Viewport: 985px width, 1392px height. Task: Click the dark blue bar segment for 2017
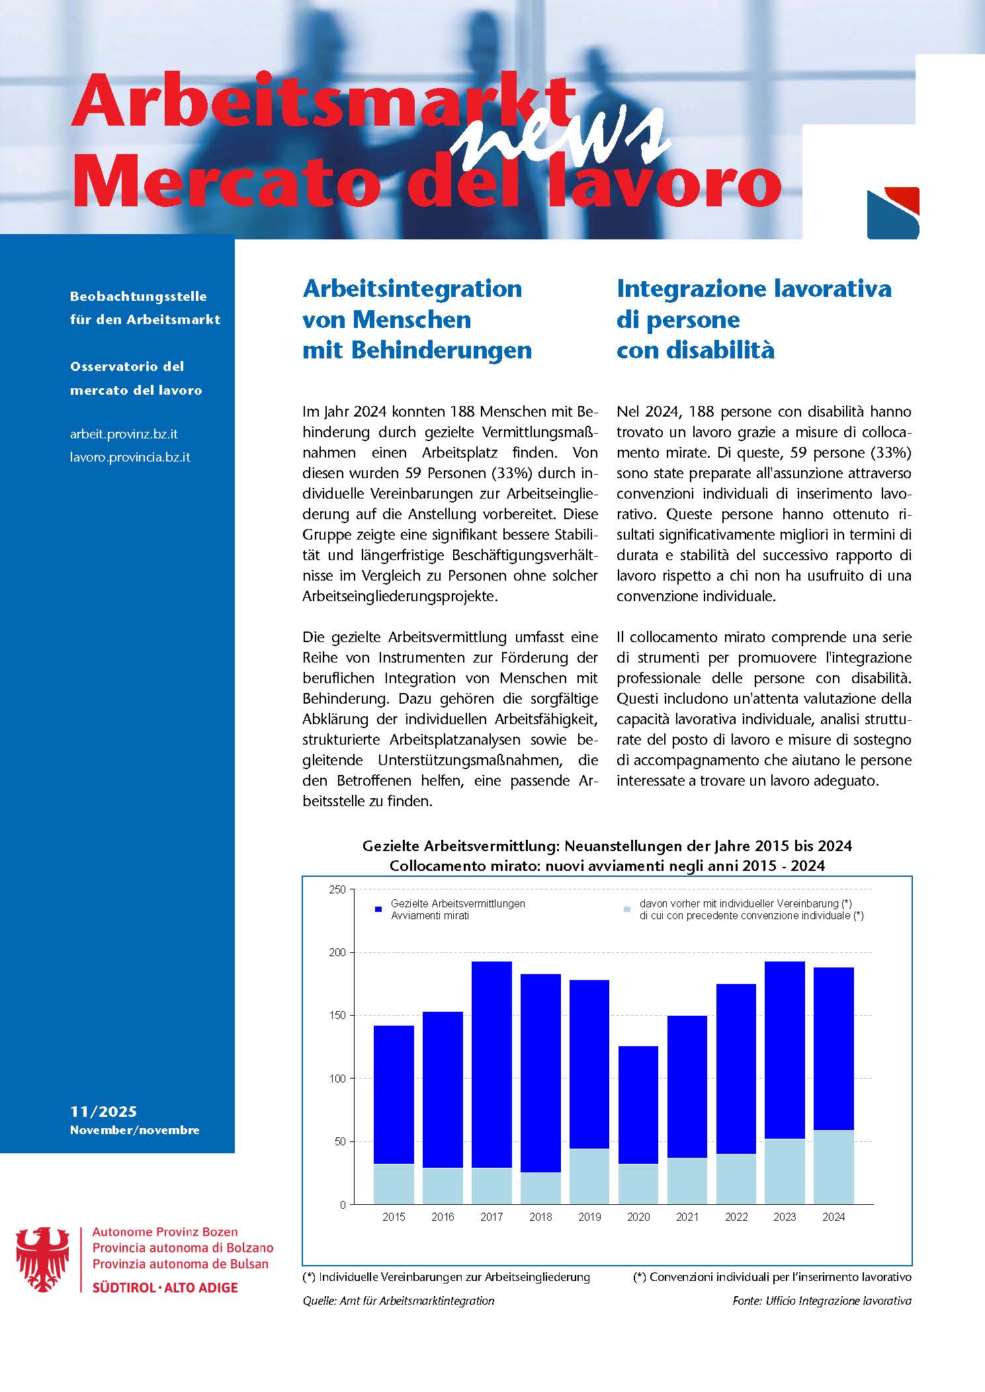492,1064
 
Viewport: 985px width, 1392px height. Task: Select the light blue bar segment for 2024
834,1167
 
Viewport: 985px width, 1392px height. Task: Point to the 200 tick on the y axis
338,952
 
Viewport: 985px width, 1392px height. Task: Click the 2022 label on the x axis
736,1217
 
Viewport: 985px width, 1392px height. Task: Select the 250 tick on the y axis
338,889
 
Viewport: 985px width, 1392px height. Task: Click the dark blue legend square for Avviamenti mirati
378,909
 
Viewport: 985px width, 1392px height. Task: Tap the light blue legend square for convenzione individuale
627,909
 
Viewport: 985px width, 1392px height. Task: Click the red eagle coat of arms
43,1259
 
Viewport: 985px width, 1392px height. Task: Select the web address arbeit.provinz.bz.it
124,434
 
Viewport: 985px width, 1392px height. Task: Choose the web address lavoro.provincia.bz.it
130,457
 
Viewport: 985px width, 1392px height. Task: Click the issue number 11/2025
103,1112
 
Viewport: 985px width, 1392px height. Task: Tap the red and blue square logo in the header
892,213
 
